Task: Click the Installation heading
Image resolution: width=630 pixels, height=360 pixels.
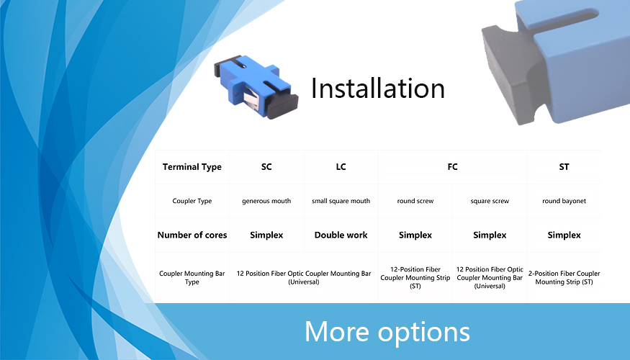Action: (x=378, y=88)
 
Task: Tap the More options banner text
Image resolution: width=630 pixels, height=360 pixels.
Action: (x=387, y=332)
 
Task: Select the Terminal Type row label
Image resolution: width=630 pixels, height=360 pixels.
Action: (x=192, y=167)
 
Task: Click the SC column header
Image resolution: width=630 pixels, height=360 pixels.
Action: (x=266, y=167)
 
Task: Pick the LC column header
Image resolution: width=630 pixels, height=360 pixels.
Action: (x=341, y=167)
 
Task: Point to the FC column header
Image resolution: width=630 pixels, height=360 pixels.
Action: (x=452, y=167)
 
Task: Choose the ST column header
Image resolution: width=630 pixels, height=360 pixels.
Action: (x=564, y=167)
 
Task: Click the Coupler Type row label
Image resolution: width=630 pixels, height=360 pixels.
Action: (x=192, y=201)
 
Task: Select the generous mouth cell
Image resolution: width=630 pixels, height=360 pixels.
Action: (x=266, y=201)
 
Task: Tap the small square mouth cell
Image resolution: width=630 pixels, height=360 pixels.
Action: (x=341, y=201)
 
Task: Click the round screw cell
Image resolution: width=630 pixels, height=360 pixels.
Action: (x=415, y=201)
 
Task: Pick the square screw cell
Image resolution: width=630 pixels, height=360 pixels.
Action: (x=490, y=201)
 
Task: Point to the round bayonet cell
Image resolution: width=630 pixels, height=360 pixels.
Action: (x=564, y=201)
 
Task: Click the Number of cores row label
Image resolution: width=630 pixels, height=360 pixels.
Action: (x=192, y=235)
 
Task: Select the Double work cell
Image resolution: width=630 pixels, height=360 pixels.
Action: (x=341, y=235)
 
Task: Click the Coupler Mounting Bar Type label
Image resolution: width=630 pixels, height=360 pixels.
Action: (x=192, y=278)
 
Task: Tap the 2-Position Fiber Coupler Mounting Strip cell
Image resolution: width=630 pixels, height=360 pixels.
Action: (x=564, y=278)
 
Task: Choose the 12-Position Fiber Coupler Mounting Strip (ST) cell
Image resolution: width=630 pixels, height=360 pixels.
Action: (x=415, y=278)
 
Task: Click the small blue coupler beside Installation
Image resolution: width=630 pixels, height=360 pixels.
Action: (x=256, y=86)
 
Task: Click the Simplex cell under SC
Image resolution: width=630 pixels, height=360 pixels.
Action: (x=266, y=235)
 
